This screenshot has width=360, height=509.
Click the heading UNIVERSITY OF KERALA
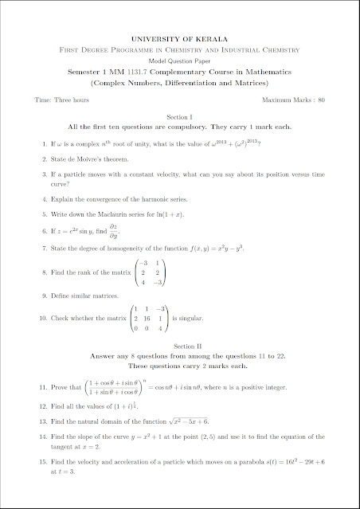click(179, 38)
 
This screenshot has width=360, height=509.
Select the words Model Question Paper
click(179, 61)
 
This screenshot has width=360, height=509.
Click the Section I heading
click(179, 116)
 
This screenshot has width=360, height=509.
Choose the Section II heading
click(179, 347)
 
